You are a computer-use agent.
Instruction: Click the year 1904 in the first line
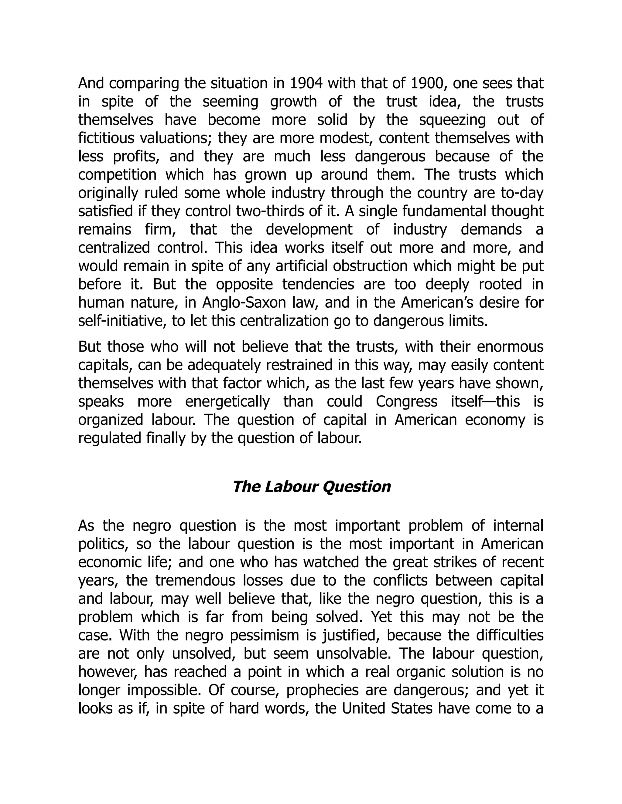pos(306,83)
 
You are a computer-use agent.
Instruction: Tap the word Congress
pos(406,401)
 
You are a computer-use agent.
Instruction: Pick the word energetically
pos(228,401)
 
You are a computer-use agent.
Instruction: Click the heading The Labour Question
pos(311,487)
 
